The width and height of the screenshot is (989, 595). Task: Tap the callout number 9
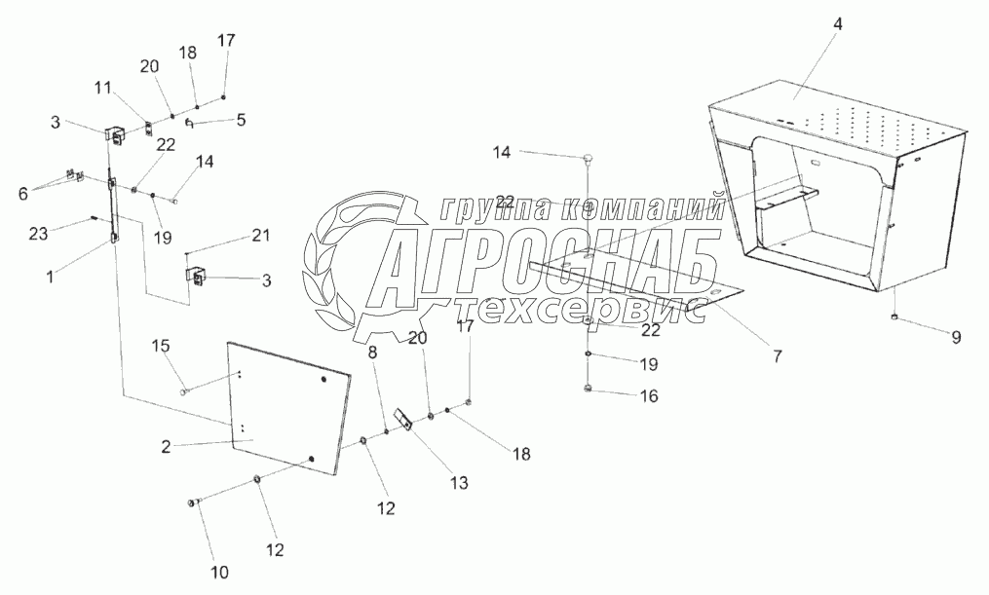click(x=956, y=338)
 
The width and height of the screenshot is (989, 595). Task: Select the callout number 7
click(x=777, y=356)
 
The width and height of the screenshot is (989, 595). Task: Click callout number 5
click(x=241, y=120)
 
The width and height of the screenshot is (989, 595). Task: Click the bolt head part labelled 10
click(x=192, y=502)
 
